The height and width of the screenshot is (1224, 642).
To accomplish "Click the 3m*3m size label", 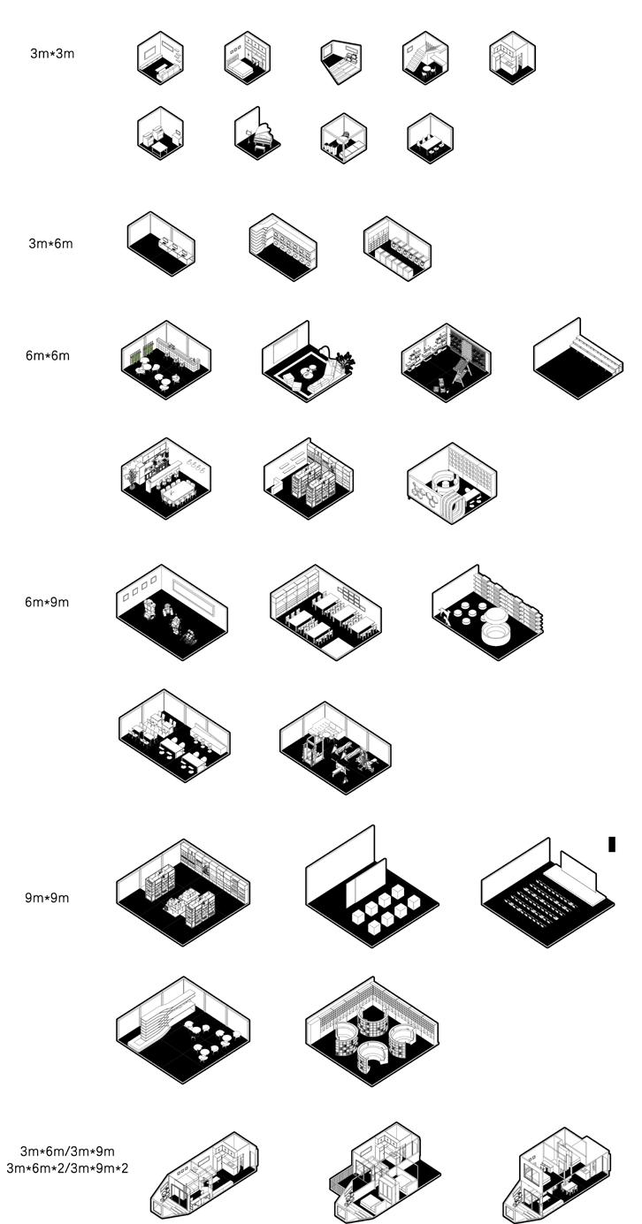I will point(52,53).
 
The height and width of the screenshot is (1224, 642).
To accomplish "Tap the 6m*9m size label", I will point(47,603).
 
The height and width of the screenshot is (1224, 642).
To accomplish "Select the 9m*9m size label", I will point(47,898).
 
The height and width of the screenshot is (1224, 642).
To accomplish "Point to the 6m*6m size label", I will point(47,356).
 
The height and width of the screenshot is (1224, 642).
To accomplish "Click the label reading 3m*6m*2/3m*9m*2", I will point(67,1168).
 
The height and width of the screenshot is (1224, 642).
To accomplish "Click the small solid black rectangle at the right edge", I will point(611,844).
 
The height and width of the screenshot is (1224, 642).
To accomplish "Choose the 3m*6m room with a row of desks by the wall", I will point(162,243).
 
